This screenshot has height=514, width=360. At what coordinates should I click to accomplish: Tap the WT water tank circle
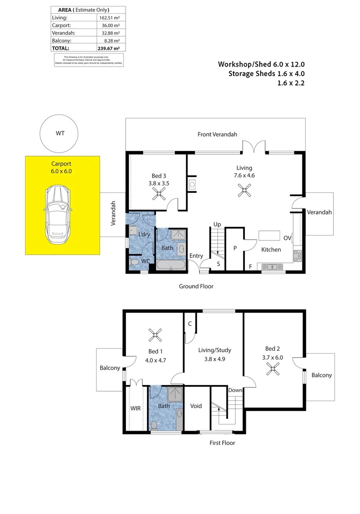[x=60, y=134]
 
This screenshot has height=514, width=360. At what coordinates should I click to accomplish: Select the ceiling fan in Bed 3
[x=157, y=193]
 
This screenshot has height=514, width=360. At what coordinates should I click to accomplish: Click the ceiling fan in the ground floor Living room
[x=244, y=191]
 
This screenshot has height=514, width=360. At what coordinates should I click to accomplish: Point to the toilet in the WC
[x=134, y=262]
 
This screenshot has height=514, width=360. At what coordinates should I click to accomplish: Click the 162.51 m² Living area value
[x=109, y=18]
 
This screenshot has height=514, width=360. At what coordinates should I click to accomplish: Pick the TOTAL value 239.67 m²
[x=109, y=48]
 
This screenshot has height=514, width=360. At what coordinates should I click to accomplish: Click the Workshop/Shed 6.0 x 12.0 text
[x=261, y=64]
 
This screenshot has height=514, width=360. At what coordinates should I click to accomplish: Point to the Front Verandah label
[x=217, y=135]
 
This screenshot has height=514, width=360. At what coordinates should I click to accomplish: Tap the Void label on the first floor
[x=196, y=406]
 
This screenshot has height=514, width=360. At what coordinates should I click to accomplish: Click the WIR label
[x=136, y=408]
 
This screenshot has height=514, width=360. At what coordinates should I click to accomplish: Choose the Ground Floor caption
[x=196, y=287]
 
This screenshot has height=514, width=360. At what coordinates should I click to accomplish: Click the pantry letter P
[x=234, y=248]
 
